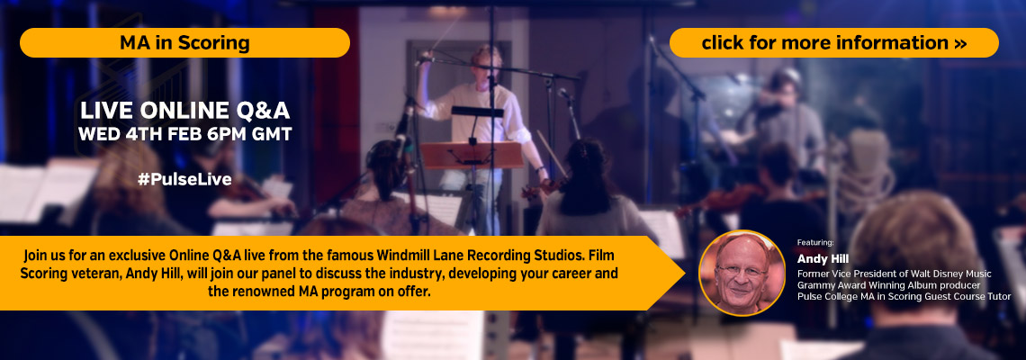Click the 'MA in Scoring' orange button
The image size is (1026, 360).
184,42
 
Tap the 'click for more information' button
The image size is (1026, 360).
833,42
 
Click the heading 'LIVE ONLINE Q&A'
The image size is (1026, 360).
184,111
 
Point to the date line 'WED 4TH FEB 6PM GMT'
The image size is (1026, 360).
184,134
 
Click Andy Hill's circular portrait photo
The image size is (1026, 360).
742,273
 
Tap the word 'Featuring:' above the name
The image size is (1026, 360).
815,243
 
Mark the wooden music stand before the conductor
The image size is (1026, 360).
472,155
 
